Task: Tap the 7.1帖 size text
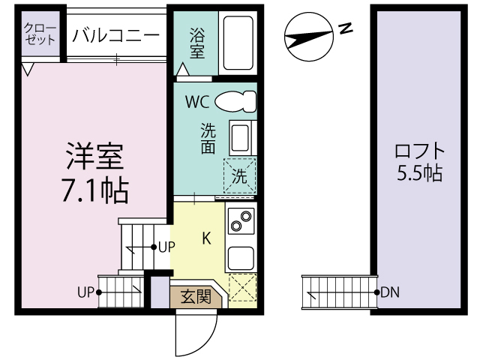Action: click(94, 191)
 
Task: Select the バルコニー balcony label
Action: click(115, 36)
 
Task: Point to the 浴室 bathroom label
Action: click(196, 43)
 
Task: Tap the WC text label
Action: click(197, 101)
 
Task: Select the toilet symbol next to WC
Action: click(235, 100)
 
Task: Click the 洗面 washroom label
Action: click(208, 138)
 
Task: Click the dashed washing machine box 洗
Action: click(239, 177)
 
